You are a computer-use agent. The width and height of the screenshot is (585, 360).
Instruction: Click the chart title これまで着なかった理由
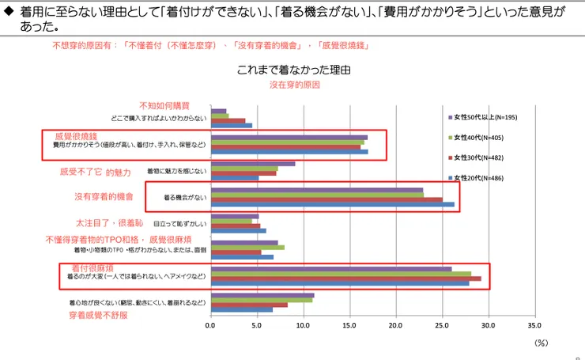coord(293,70)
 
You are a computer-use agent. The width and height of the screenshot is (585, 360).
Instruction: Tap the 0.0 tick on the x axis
coord(210,324)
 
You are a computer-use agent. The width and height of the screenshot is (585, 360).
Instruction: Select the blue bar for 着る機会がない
coord(332,204)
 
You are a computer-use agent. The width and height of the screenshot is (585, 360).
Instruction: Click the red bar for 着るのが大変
coord(345,279)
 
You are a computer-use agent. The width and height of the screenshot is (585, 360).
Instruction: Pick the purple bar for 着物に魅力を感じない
coord(252,164)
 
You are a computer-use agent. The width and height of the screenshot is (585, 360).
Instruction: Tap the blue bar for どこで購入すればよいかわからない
coord(231,125)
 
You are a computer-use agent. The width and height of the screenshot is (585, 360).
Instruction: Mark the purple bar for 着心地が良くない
coord(262,295)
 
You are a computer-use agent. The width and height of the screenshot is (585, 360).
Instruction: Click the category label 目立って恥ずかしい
coord(179,223)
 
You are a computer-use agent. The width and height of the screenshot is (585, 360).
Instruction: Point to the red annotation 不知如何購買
coord(165,105)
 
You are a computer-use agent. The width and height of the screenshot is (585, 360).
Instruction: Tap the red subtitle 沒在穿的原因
coord(294,85)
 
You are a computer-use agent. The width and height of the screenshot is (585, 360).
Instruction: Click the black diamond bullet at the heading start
coord(9,11)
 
